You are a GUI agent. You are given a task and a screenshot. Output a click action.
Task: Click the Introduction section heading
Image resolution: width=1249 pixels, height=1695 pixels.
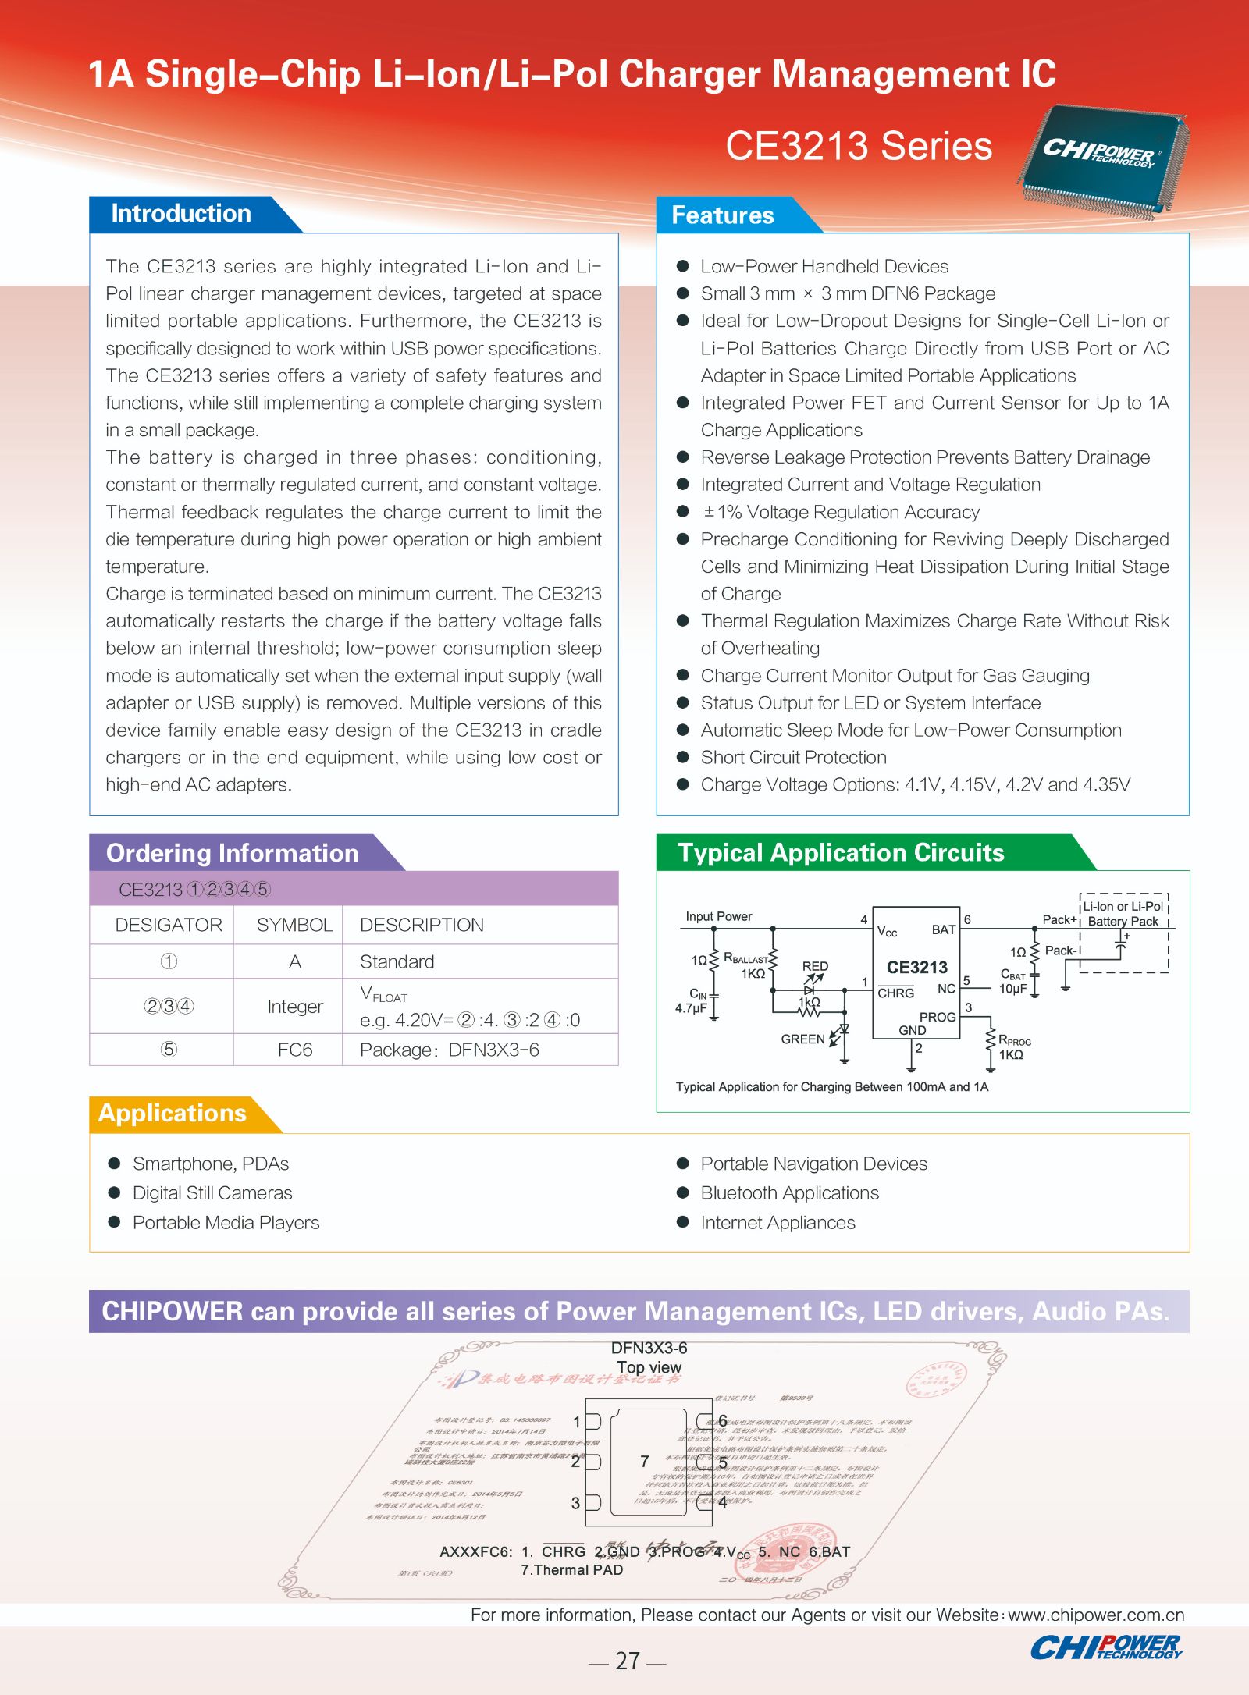(x=181, y=214)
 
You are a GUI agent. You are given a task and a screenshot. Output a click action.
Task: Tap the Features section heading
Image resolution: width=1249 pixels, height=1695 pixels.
(x=722, y=215)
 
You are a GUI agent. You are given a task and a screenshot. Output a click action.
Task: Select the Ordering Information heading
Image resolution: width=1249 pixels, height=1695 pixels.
(x=232, y=853)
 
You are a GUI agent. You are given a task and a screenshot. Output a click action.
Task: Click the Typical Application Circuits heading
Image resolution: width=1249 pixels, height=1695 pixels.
(x=840, y=852)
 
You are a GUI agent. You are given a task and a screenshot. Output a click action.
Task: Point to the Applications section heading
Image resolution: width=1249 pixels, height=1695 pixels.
(x=172, y=1113)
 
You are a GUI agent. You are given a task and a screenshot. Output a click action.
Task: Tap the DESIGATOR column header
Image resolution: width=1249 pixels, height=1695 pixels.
(x=169, y=925)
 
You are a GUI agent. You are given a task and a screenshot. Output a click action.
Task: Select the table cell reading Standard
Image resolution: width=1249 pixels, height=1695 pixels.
(x=397, y=961)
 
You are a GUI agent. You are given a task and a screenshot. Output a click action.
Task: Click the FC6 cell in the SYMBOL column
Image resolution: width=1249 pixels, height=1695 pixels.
(x=294, y=1050)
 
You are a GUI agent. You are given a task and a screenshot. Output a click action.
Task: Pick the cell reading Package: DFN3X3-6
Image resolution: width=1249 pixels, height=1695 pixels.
(x=449, y=1050)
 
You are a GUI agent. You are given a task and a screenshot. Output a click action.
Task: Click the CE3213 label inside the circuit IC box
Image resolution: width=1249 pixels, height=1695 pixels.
(x=916, y=968)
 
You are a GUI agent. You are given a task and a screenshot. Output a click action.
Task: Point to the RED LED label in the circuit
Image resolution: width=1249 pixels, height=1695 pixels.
(x=815, y=966)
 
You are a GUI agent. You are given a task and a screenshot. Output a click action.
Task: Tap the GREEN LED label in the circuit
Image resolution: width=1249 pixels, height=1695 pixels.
(x=802, y=1039)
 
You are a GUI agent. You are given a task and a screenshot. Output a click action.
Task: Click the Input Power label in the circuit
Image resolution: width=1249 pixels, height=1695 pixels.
(x=718, y=916)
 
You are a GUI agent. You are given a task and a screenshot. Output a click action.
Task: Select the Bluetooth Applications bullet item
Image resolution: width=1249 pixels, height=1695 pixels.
(x=789, y=1192)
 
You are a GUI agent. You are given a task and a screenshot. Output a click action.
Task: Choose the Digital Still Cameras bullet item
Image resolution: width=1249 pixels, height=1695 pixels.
(x=212, y=1192)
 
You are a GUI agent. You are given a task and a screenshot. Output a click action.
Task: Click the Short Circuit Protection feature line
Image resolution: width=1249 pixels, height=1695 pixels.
(x=793, y=757)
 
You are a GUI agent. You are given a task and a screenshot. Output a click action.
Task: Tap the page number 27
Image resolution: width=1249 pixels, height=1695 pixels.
(x=627, y=1661)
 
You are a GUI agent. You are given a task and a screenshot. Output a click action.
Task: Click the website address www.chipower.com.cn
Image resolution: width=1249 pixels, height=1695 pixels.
(x=1096, y=1615)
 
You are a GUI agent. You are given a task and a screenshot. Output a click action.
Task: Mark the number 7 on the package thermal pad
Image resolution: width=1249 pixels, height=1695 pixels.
(x=645, y=1461)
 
